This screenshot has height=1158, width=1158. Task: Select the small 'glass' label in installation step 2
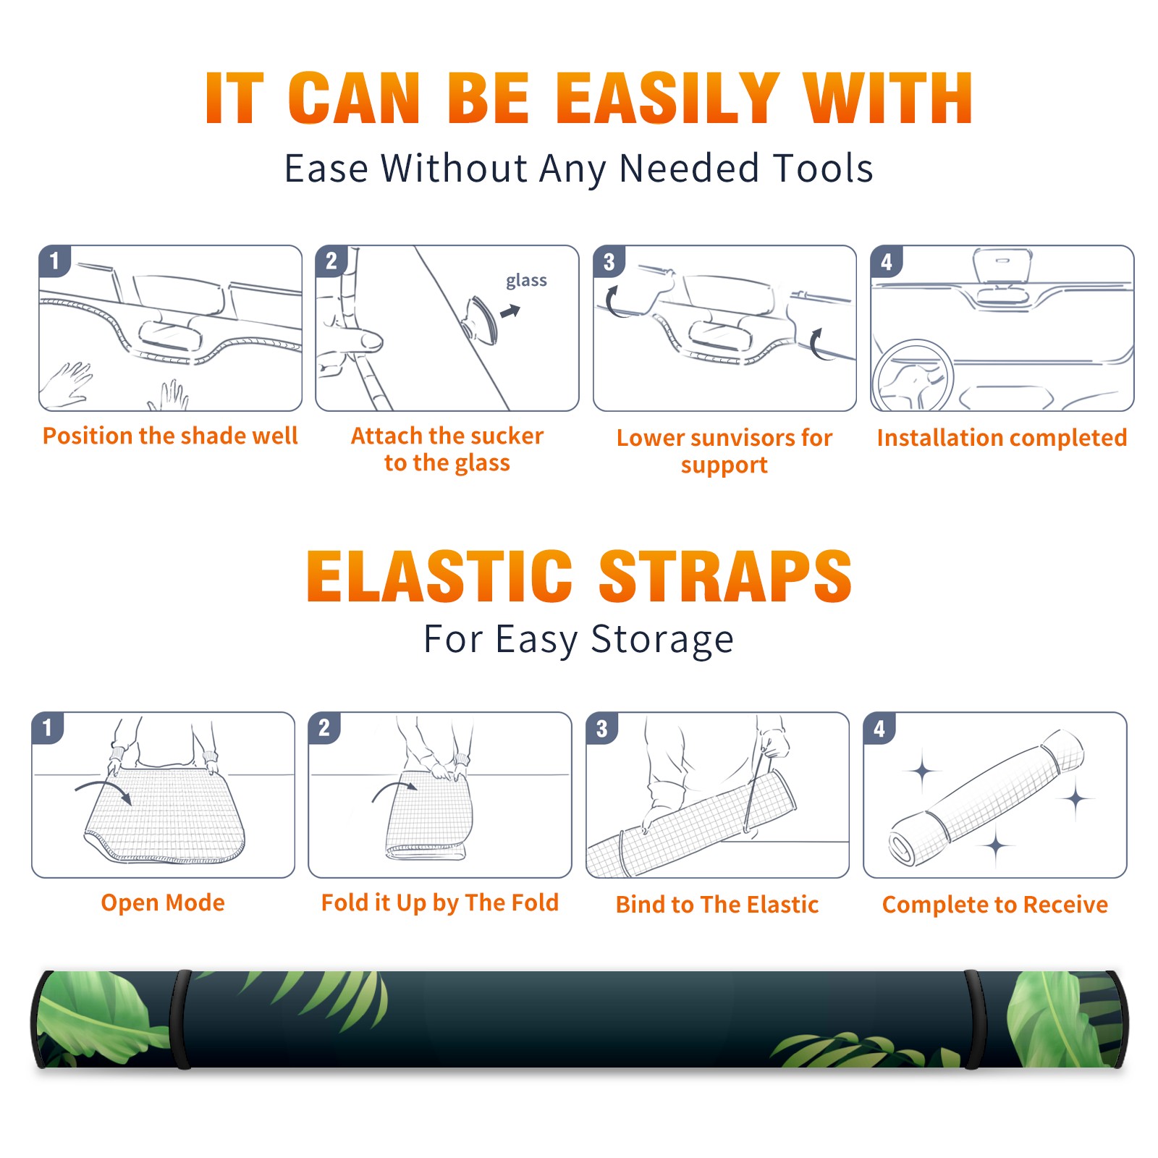(526, 281)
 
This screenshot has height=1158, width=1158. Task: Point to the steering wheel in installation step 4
(913, 376)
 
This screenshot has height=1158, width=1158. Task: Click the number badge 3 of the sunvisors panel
(609, 261)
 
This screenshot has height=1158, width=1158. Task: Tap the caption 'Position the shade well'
(170, 436)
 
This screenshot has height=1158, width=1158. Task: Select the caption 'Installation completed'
(1002, 438)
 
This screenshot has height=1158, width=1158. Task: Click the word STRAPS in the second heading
(725, 576)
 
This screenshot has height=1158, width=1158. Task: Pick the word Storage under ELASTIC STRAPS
(662, 640)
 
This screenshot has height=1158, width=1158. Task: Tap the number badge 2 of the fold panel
(324, 727)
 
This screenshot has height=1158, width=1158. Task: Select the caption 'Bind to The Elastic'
(717, 905)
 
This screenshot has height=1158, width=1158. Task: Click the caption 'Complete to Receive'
(995, 905)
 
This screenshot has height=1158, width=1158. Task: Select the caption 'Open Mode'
(163, 903)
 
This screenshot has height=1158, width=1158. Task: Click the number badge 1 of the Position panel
(54, 260)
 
